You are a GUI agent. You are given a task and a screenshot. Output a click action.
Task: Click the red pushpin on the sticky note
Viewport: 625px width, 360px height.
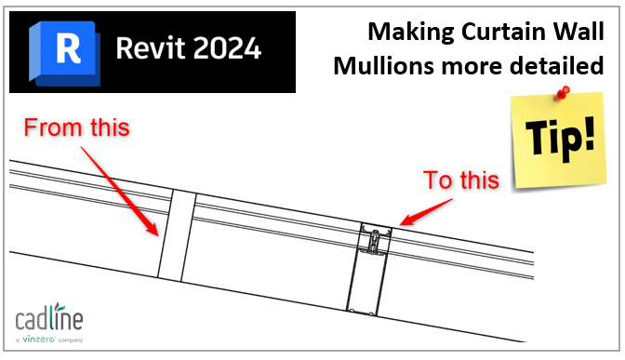pos(563,94)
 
